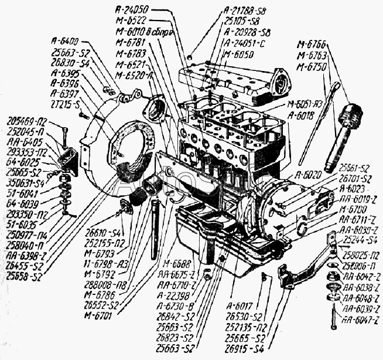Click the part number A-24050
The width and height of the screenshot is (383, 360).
133,9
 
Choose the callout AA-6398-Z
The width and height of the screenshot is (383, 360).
24,256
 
